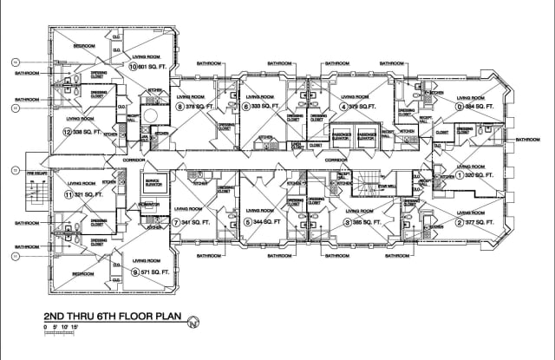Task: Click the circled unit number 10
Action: pyautogui.click(x=133, y=66)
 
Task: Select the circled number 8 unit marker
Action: pyautogui.click(x=180, y=107)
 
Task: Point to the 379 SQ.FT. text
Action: pyautogui.click(x=360, y=107)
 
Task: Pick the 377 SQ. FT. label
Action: pyautogui.click(x=477, y=221)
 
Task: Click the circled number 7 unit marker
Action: pyautogui.click(x=176, y=222)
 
